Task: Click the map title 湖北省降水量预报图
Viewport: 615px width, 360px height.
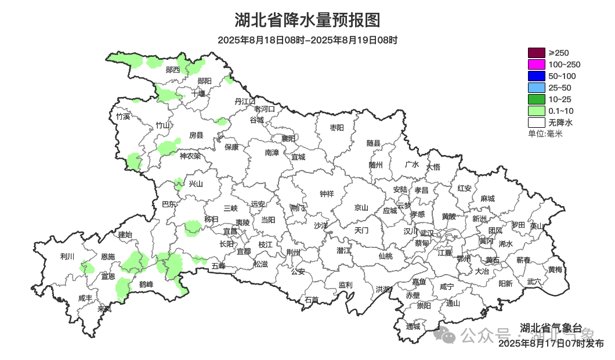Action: pos(307,20)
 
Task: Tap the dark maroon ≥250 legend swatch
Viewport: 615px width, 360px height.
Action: pos(537,53)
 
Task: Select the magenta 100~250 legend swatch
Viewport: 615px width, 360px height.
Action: pos(537,64)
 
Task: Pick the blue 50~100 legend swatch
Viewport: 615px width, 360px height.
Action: pos(537,76)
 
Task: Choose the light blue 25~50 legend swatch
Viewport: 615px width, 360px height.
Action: pos(537,88)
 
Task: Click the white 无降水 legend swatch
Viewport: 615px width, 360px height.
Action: pos(537,123)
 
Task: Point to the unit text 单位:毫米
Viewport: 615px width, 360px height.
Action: pos(545,134)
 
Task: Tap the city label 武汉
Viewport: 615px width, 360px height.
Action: pos(426,232)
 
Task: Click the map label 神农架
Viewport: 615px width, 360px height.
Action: pos(190,156)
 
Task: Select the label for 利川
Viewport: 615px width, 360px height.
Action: pos(67,256)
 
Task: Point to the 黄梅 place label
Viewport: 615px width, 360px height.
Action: pos(555,269)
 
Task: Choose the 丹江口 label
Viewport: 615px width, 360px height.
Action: pos(245,101)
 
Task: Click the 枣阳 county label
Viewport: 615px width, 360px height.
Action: pos(337,127)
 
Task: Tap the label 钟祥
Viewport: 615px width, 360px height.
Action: pos(327,194)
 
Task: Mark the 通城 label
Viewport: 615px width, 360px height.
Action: pos(413,326)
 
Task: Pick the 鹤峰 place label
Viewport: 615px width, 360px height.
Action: pos(146,284)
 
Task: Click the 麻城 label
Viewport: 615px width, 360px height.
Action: pos(487,199)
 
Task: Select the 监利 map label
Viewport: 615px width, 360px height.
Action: pos(345,285)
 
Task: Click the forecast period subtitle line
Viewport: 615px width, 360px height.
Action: pos(307,40)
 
